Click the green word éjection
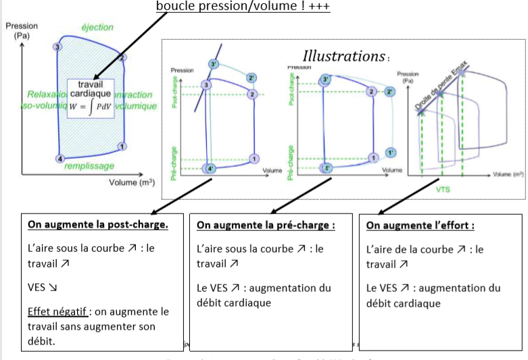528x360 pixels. [97, 27]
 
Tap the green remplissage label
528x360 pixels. [89, 165]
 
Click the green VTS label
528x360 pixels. [442, 189]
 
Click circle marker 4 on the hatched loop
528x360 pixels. [59, 159]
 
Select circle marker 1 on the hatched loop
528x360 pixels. [122, 147]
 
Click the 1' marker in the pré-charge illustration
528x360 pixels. [391, 151]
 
